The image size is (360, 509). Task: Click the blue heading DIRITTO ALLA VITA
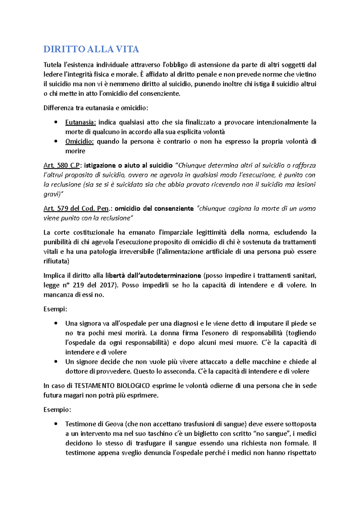91,49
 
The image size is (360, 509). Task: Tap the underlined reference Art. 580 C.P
61,165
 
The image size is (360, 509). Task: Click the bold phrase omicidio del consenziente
154,209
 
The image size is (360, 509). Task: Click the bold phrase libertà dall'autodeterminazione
153,275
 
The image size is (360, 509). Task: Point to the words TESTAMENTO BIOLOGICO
112,386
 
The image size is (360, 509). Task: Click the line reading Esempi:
55,309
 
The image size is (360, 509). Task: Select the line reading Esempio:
57,410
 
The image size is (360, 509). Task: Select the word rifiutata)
56,261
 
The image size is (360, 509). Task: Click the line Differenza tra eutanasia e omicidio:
96,108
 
